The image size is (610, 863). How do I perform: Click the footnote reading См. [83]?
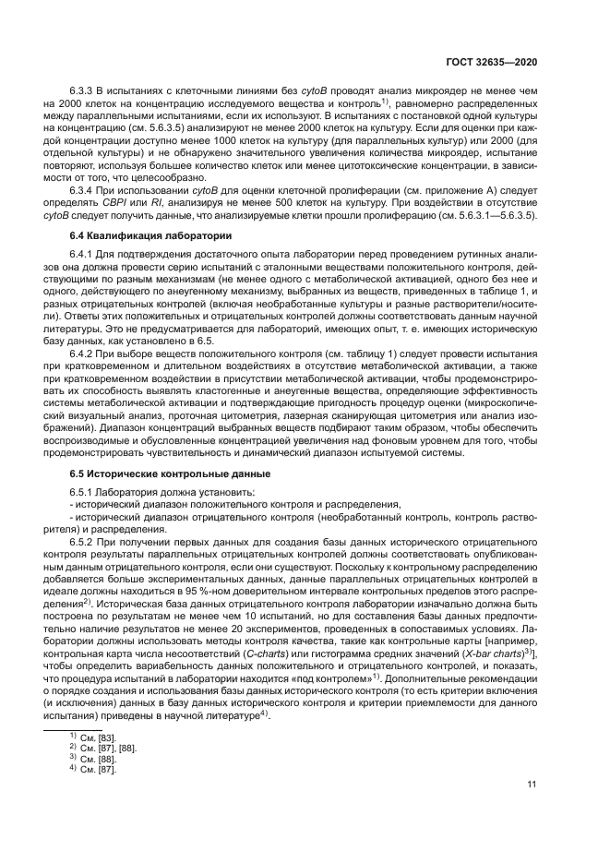coord(97,738)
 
